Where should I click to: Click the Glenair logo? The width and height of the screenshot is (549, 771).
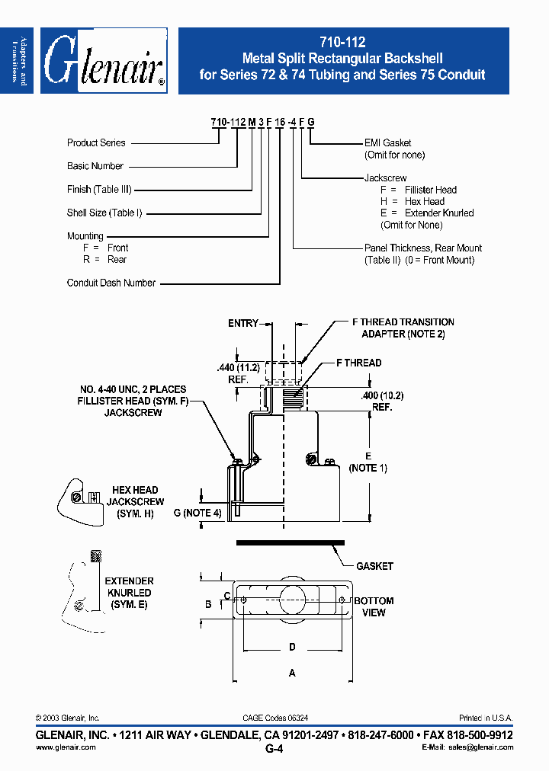[x=104, y=61]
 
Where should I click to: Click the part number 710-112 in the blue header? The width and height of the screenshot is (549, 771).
[x=342, y=44]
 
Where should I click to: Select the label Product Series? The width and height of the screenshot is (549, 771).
[x=96, y=142]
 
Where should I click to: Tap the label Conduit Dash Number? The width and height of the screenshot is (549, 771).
[x=111, y=283]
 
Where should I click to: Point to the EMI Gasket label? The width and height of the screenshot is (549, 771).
[x=388, y=142]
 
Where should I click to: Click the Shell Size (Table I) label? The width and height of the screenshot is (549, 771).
[x=104, y=213]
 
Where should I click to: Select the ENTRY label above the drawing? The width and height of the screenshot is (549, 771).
[x=243, y=323]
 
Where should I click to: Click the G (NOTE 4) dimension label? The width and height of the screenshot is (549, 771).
[x=197, y=513]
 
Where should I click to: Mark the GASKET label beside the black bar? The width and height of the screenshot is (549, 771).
[x=374, y=566]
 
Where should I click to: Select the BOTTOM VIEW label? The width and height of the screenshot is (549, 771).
[x=374, y=606]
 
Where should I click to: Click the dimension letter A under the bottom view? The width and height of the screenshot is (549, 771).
[x=292, y=673]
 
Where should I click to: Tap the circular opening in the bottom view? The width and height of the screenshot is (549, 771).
[x=292, y=599]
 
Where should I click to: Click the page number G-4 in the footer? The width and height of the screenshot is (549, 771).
[x=274, y=749]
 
